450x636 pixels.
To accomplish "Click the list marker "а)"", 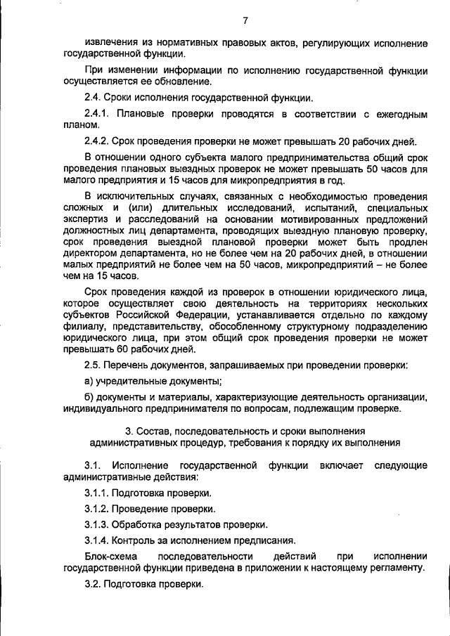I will click(x=89, y=381).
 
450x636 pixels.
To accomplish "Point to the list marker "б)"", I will click(x=89, y=397).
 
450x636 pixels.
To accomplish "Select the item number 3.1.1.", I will click(x=97, y=493).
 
